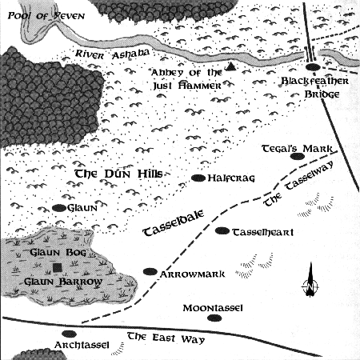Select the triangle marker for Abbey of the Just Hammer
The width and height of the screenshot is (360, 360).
click(x=230, y=66)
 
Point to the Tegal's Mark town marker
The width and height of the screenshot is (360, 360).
click(x=298, y=156)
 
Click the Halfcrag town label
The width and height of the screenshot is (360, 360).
click(x=231, y=178)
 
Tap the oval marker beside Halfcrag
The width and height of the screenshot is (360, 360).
click(x=197, y=178)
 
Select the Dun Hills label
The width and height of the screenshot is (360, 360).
click(x=118, y=174)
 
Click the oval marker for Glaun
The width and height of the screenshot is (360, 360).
click(x=58, y=207)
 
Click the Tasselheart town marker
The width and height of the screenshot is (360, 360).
click(x=222, y=231)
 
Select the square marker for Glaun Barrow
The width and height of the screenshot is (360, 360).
click(x=57, y=267)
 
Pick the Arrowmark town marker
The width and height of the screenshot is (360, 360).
click(x=149, y=271)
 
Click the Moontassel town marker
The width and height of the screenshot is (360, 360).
click(x=213, y=318)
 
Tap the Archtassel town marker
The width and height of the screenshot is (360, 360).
click(x=69, y=334)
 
